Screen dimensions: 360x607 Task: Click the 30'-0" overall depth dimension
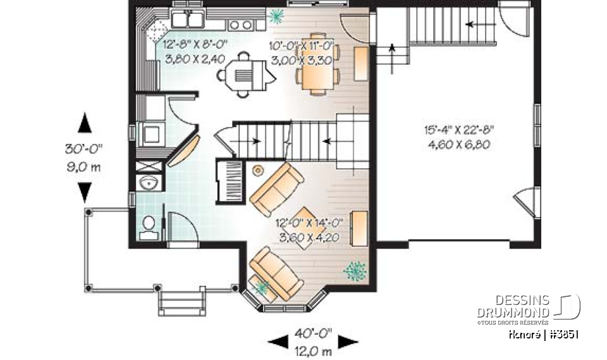pos(83,150)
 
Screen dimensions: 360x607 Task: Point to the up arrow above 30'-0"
pos(85,123)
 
